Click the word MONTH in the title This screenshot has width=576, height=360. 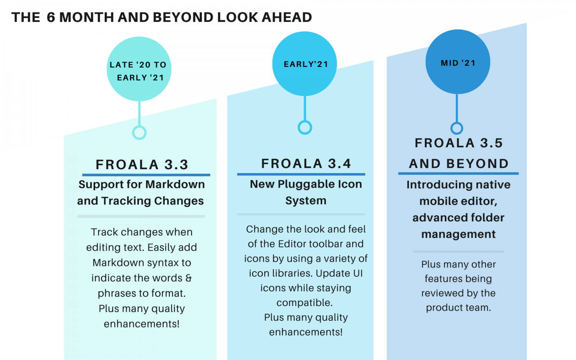(x=86, y=17)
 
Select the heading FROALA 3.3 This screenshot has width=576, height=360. (x=142, y=165)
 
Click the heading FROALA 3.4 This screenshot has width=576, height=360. (x=306, y=163)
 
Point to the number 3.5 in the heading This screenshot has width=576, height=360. (x=491, y=143)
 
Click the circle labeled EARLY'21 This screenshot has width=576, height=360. (x=305, y=63)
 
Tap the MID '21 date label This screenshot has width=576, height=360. (x=458, y=63)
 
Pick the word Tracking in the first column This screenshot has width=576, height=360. (x=126, y=201)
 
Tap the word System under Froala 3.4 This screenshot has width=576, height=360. (x=306, y=201)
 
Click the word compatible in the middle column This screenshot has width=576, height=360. (x=304, y=303)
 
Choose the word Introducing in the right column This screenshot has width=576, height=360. (x=433, y=185)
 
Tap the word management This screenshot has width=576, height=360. (x=458, y=234)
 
